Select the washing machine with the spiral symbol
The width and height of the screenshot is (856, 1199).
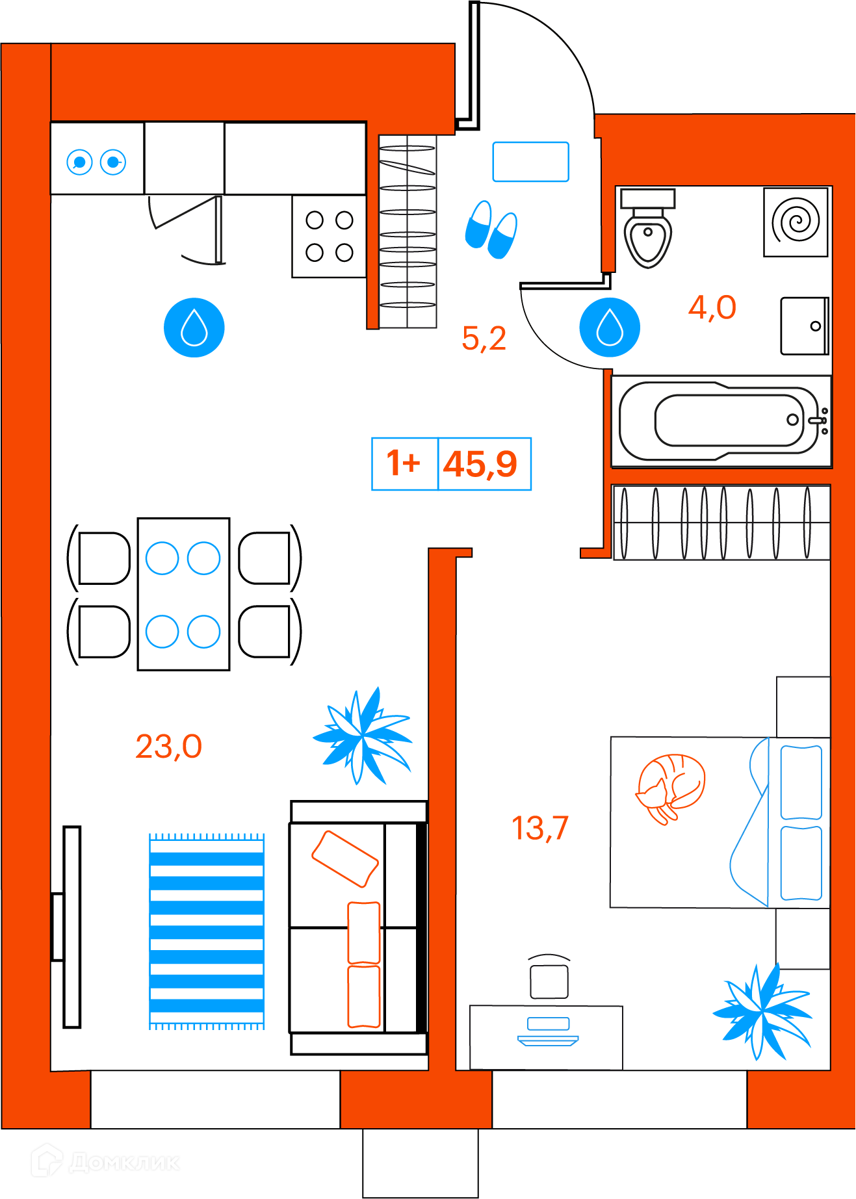point(796,222)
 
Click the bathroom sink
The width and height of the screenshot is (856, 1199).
point(804,326)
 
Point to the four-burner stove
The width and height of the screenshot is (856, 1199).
point(329,237)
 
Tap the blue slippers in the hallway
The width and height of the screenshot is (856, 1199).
point(491,229)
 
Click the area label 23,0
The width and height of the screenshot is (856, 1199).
point(168,747)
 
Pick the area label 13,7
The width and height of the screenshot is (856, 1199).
point(539,829)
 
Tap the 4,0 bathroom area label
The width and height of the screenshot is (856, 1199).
point(712,307)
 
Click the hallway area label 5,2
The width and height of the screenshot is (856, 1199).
point(484,339)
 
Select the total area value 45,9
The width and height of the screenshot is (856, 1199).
point(480,464)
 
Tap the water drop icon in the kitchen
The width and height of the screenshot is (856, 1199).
point(194,328)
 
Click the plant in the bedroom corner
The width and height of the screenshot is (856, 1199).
point(763,1012)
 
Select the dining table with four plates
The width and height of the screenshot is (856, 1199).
point(183,594)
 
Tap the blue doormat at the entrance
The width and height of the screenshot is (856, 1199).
point(530,162)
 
